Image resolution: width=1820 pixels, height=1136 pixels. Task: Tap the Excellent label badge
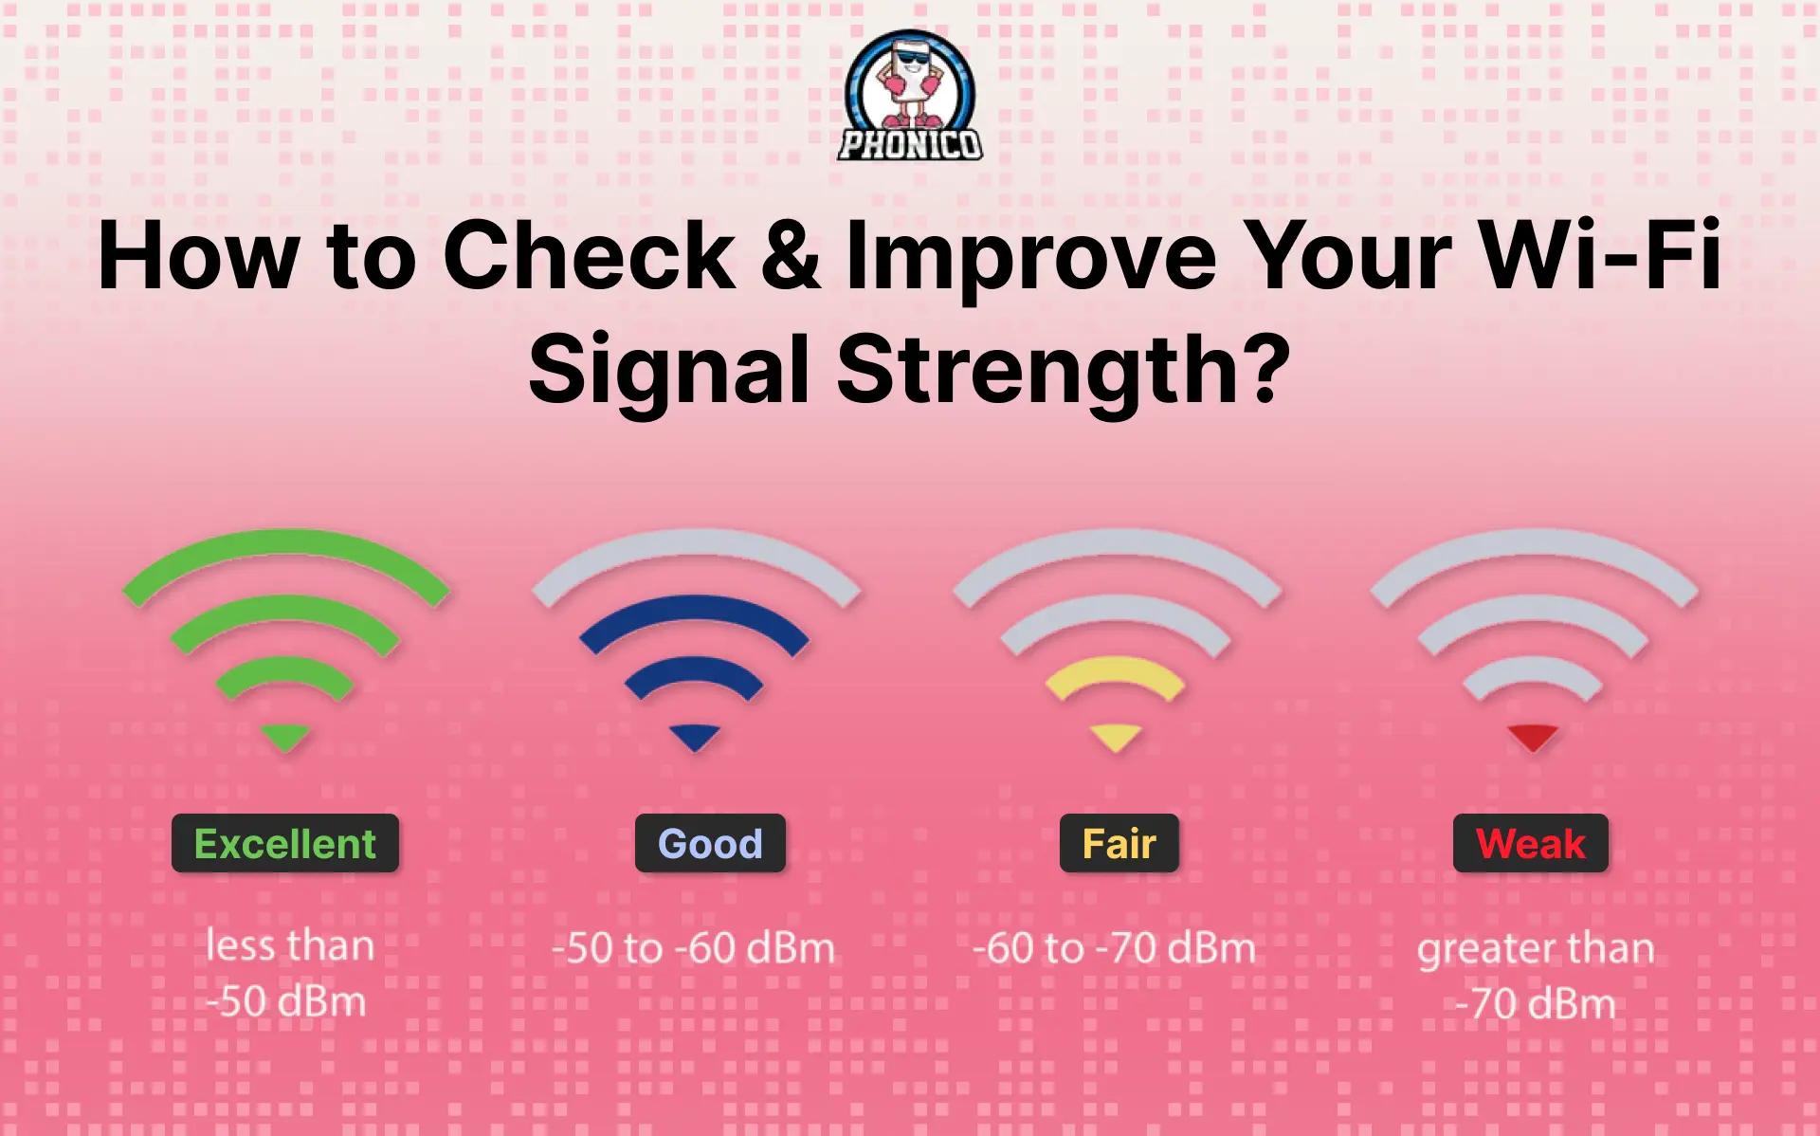285,843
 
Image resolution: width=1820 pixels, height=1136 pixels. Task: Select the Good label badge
710,843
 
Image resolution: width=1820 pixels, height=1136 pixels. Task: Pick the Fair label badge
1119,843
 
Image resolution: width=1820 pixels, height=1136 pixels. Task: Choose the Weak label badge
1530,843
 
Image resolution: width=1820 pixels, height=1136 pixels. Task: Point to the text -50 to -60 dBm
693,948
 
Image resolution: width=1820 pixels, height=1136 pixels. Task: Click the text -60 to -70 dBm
1114,948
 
